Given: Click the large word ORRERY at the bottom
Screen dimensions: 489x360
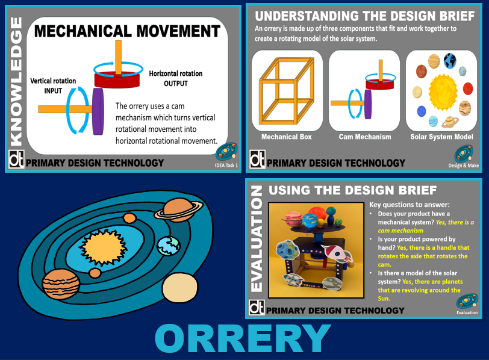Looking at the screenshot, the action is click(243, 338).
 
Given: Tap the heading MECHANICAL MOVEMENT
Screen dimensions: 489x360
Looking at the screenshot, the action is click(127, 31).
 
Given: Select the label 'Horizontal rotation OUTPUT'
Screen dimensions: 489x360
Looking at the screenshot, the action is click(176, 78).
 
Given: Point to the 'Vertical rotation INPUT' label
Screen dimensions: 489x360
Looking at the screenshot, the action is click(53, 85).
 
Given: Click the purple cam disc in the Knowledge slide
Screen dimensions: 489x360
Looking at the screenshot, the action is click(98, 111).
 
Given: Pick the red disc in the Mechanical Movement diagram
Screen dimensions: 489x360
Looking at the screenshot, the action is click(117, 79).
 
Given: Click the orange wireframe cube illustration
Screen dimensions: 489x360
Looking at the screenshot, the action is click(287, 91).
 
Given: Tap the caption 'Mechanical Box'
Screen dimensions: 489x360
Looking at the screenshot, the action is click(286, 137).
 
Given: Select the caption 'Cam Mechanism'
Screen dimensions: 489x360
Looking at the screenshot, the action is click(365, 137).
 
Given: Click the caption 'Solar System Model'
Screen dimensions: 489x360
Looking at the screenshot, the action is click(441, 137).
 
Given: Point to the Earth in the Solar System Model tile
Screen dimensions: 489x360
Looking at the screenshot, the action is click(450, 60).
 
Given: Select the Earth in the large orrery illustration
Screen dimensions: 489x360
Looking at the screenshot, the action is click(169, 246).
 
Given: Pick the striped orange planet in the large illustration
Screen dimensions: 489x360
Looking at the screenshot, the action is click(61, 284).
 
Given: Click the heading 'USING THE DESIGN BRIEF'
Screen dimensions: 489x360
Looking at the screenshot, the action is click(353, 190).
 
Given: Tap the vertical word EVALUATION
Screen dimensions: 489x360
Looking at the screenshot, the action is click(257, 239).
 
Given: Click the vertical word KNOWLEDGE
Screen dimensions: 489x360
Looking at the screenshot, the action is click(16, 82).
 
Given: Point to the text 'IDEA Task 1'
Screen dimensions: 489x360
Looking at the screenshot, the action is click(226, 166).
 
